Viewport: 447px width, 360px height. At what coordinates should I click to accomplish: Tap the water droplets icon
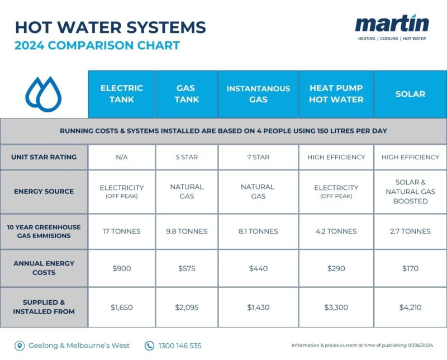[44, 93]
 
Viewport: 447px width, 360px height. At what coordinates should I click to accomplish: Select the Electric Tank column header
[121, 94]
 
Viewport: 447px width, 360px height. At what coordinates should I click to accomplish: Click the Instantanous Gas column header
[258, 94]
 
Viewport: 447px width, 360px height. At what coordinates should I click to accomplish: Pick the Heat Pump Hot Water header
[336, 94]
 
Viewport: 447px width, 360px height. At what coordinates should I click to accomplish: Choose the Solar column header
[410, 94]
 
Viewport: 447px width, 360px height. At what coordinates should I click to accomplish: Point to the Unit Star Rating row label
[44, 157]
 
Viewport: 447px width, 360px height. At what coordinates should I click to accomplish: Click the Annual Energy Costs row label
[44, 268]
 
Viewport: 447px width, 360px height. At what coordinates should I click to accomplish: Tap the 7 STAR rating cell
[258, 157]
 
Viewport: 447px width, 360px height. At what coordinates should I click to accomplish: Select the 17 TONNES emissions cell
[121, 231]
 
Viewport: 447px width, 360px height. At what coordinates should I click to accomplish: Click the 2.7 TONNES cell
[410, 231]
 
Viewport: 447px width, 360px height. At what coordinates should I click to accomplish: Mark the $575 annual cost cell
[186, 268]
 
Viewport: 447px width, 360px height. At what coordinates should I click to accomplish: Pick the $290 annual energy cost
[336, 268]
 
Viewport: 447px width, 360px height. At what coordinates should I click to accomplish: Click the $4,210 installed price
[410, 307]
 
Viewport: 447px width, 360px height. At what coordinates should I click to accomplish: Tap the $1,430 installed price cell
[258, 307]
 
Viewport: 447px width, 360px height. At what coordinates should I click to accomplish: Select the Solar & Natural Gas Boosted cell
[410, 192]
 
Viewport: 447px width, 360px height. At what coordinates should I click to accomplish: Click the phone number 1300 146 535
[180, 345]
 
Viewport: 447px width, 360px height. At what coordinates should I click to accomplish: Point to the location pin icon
[20, 345]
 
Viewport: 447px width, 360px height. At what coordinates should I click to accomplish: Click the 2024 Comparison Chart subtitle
[97, 45]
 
